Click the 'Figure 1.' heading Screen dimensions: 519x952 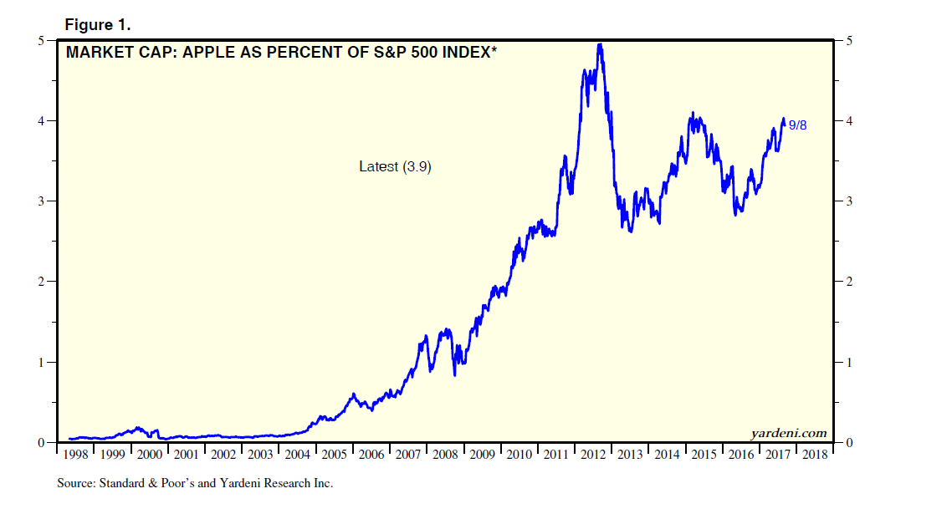tap(98, 25)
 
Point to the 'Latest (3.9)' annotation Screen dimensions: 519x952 tap(395, 166)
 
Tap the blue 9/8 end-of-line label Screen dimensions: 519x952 tap(799, 125)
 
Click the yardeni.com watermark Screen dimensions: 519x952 tap(788, 433)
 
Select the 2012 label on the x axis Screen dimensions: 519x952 tap(594, 455)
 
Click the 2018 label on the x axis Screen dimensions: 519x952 tap(815, 455)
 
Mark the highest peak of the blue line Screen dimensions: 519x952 tap(599, 44)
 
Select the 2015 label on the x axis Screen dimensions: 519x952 tap(704, 455)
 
